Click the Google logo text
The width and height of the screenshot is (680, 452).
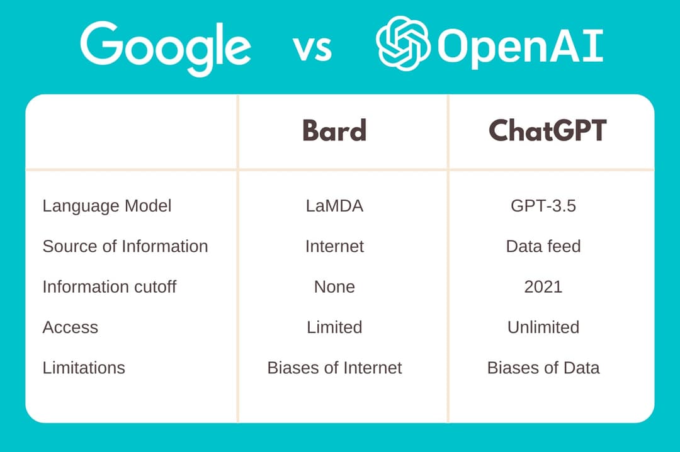166,48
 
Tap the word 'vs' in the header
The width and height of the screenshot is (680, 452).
312,48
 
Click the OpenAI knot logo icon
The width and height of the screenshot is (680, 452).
403,43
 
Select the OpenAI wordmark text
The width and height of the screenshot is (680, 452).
519,47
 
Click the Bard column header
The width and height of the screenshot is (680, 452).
334,130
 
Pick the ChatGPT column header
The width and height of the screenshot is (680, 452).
547,130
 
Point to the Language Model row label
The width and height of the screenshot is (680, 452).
106,206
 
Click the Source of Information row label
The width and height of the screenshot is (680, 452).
125,246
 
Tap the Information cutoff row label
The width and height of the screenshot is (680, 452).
110,286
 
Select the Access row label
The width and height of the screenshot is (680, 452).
71,327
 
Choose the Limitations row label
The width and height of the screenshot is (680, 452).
84,368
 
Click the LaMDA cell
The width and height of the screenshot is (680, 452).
334,206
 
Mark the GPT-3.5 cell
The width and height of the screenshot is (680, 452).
543,206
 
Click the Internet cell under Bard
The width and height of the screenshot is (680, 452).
334,246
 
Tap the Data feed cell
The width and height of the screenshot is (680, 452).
543,246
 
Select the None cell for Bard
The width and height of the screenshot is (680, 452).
334,286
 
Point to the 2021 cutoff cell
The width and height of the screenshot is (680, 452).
543,286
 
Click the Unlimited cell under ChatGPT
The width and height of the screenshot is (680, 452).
543,327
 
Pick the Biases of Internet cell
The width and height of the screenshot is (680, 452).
334,368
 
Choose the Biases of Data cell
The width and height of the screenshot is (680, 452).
543,368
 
